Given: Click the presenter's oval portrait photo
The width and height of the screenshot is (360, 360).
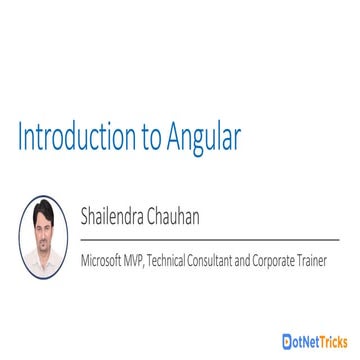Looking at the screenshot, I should (43, 237).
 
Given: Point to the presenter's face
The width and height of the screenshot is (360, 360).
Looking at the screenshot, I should (43, 228).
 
